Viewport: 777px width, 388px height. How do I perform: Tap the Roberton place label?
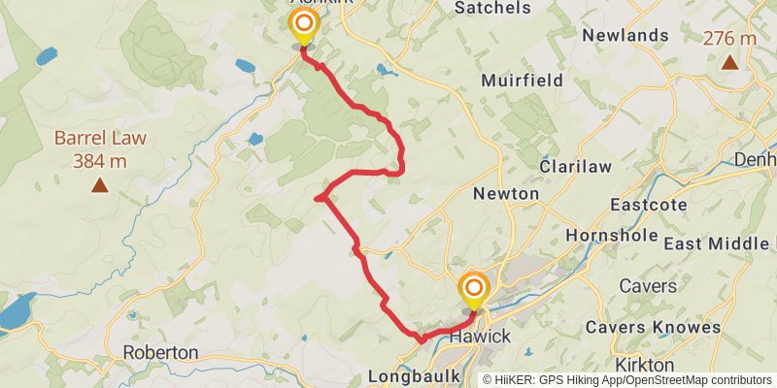[161, 352]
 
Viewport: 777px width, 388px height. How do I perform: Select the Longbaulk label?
[412, 375]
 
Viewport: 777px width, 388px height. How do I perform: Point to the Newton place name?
[505, 194]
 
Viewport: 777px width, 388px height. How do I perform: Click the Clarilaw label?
[576, 167]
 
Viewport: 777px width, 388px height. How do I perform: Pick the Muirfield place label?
[522, 81]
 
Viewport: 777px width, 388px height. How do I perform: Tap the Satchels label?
[493, 8]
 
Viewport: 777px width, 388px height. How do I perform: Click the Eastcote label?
[649, 205]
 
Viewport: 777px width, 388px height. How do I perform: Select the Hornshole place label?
[612, 236]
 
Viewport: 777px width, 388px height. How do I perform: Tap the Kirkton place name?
[645, 365]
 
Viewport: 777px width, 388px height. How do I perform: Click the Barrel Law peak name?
[100, 138]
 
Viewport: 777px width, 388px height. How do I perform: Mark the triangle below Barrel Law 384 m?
[99, 184]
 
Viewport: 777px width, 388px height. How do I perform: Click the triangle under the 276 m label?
[729, 63]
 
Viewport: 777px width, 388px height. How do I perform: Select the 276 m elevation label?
[729, 39]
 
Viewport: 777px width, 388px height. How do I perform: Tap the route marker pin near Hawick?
[474, 289]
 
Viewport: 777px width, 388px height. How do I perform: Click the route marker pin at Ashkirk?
[304, 25]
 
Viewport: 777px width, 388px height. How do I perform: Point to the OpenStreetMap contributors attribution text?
[698, 380]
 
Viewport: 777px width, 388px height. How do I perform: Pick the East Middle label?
[719, 243]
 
